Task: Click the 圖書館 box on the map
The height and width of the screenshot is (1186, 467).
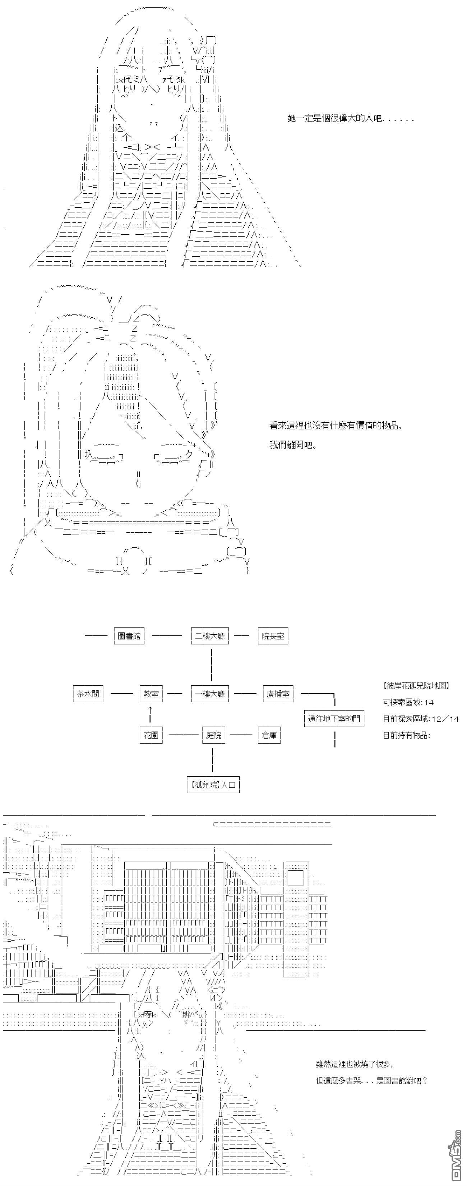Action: coord(129,636)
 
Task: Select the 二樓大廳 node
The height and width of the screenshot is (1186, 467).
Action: coord(210,636)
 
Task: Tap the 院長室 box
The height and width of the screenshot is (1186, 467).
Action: coord(273,636)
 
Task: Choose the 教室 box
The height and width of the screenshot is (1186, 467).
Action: coord(151,693)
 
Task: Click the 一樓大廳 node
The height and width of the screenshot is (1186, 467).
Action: coord(210,693)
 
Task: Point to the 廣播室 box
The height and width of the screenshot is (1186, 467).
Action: coord(278,693)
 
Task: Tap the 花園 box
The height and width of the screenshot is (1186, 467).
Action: coord(151,735)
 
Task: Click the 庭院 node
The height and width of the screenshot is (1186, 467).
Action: coord(213,735)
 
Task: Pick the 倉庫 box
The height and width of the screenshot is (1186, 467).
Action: coord(269,735)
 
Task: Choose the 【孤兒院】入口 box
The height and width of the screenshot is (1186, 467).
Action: coord(213,785)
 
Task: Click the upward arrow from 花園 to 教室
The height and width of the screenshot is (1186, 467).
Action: coord(151,714)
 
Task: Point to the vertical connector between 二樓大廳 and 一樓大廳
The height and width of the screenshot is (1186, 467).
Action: coord(211,665)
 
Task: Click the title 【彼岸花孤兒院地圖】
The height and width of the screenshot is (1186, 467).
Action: coord(416,685)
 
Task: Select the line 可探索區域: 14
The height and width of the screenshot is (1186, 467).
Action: coord(408,702)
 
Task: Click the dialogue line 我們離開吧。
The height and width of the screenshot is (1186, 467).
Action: coord(293,445)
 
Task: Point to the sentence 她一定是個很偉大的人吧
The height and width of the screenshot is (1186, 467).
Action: coord(351,119)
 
